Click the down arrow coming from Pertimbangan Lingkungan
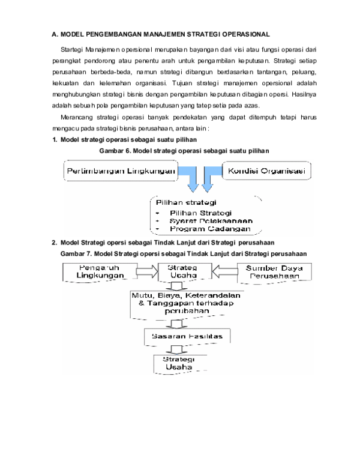194,178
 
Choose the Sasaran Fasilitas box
187,336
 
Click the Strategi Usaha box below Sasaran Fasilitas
175,363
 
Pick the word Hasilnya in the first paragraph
302,94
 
